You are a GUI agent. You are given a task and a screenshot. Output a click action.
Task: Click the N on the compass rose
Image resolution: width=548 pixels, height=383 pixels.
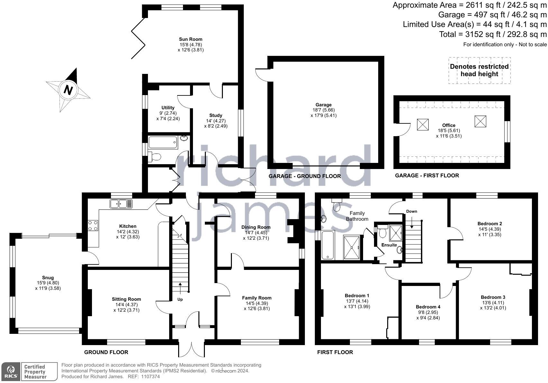[x=68, y=90]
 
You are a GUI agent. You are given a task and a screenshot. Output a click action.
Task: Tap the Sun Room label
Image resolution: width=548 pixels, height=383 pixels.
[x=191, y=39]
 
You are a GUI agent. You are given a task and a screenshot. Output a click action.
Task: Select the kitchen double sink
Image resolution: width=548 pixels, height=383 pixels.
[x=121, y=204]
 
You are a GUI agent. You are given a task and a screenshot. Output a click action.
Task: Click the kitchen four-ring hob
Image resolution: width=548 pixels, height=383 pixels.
[x=93, y=225]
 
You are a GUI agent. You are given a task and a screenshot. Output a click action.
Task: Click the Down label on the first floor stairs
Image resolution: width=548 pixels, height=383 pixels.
[x=412, y=211]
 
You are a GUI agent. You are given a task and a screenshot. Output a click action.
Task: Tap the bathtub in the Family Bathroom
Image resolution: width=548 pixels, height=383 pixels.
[x=328, y=245]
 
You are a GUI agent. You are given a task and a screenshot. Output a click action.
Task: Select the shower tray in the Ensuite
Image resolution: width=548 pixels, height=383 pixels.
[x=396, y=233]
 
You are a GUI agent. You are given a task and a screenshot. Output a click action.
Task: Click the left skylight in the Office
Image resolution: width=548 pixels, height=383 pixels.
[x=423, y=124]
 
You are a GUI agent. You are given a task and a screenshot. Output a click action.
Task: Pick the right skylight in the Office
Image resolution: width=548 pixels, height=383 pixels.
[x=480, y=121]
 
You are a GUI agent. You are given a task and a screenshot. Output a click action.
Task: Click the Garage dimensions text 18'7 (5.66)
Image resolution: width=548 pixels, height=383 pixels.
[x=324, y=110]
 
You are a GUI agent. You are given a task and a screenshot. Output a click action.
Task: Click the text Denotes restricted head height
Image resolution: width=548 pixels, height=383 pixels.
[x=479, y=70]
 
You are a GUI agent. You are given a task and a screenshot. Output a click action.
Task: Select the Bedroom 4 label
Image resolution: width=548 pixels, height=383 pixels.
[x=428, y=307]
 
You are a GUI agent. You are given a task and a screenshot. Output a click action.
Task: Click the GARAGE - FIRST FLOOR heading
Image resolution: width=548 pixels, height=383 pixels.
[x=427, y=175]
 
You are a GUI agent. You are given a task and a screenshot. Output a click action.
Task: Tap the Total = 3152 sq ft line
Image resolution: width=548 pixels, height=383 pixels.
[x=493, y=34]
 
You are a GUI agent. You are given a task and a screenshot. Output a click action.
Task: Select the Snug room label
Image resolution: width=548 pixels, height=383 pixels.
[x=48, y=278]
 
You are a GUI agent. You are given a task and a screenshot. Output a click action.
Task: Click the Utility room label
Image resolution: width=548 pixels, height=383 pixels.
[x=168, y=108]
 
